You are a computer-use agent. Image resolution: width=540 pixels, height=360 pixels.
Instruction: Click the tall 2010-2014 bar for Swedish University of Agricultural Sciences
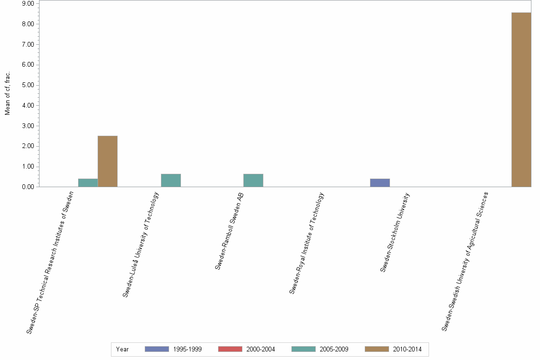[521, 100]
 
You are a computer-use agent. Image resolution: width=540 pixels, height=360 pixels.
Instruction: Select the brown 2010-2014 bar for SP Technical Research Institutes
[107, 161]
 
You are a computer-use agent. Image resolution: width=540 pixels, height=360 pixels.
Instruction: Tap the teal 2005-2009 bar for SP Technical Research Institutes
[88, 183]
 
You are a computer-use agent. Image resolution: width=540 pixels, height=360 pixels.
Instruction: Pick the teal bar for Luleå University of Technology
[170, 180]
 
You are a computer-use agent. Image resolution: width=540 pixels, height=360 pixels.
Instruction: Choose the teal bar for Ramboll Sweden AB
[253, 180]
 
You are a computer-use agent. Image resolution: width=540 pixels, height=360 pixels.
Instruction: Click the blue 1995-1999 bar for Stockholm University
[380, 183]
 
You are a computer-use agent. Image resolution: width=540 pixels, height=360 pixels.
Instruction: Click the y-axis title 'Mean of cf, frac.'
[8, 93]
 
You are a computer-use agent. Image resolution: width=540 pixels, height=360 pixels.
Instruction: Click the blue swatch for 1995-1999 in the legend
[157, 349]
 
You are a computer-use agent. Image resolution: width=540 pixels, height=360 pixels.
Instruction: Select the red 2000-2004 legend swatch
[230, 349]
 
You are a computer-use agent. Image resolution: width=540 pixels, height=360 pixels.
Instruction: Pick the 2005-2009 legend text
[334, 349]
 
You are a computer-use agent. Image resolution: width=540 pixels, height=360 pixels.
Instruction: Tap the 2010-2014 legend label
[407, 349]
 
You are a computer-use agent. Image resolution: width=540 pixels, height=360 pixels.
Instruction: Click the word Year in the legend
[122, 349]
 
